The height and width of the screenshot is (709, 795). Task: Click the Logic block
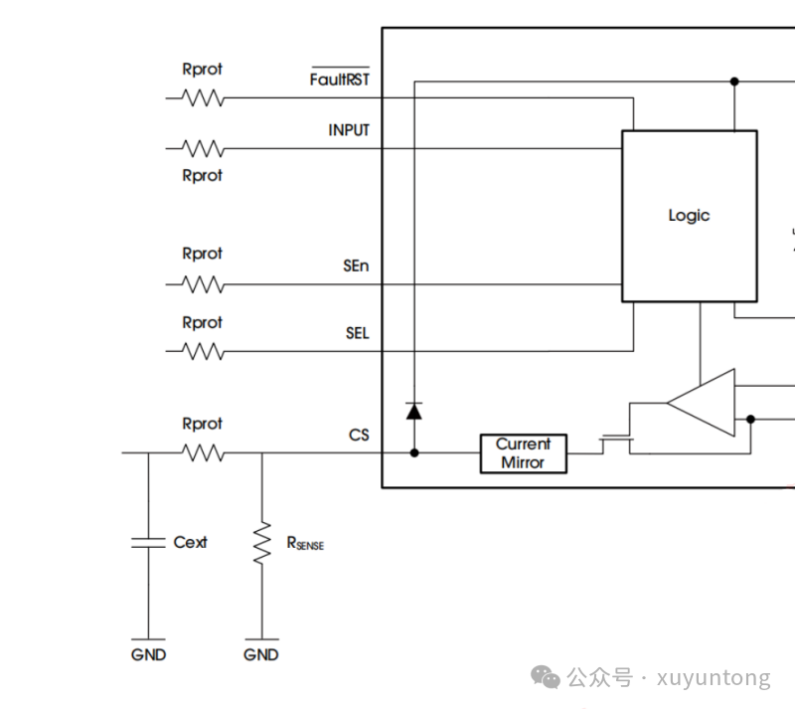click(690, 216)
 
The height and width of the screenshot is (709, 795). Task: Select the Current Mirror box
click(524, 453)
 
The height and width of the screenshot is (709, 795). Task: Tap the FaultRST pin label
click(340, 78)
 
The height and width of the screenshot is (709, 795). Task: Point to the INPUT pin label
click(349, 130)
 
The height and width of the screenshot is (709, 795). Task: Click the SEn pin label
click(356, 266)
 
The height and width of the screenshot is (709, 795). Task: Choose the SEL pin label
click(358, 333)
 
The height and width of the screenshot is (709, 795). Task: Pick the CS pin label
click(359, 435)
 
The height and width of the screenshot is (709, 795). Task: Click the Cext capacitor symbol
click(148, 543)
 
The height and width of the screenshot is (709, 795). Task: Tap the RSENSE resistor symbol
click(262, 543)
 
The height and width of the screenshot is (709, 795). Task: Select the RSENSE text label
click(305, 544)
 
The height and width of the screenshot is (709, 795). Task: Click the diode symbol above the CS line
click(414, 411)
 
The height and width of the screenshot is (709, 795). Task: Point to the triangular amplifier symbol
click(701, 403)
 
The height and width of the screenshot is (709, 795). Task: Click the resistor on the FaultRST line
click(203, 98)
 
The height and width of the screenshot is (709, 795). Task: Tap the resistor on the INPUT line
click(203, 149)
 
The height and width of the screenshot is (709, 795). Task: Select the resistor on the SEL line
click(203, 351)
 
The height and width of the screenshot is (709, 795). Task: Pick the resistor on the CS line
click(203, 452)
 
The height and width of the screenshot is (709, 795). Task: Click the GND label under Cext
click(148, 654)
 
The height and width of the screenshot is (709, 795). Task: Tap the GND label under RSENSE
click(261, 654)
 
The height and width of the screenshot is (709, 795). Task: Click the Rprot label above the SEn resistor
click(203, 254)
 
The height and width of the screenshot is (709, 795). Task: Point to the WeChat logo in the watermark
click(545, 677)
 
